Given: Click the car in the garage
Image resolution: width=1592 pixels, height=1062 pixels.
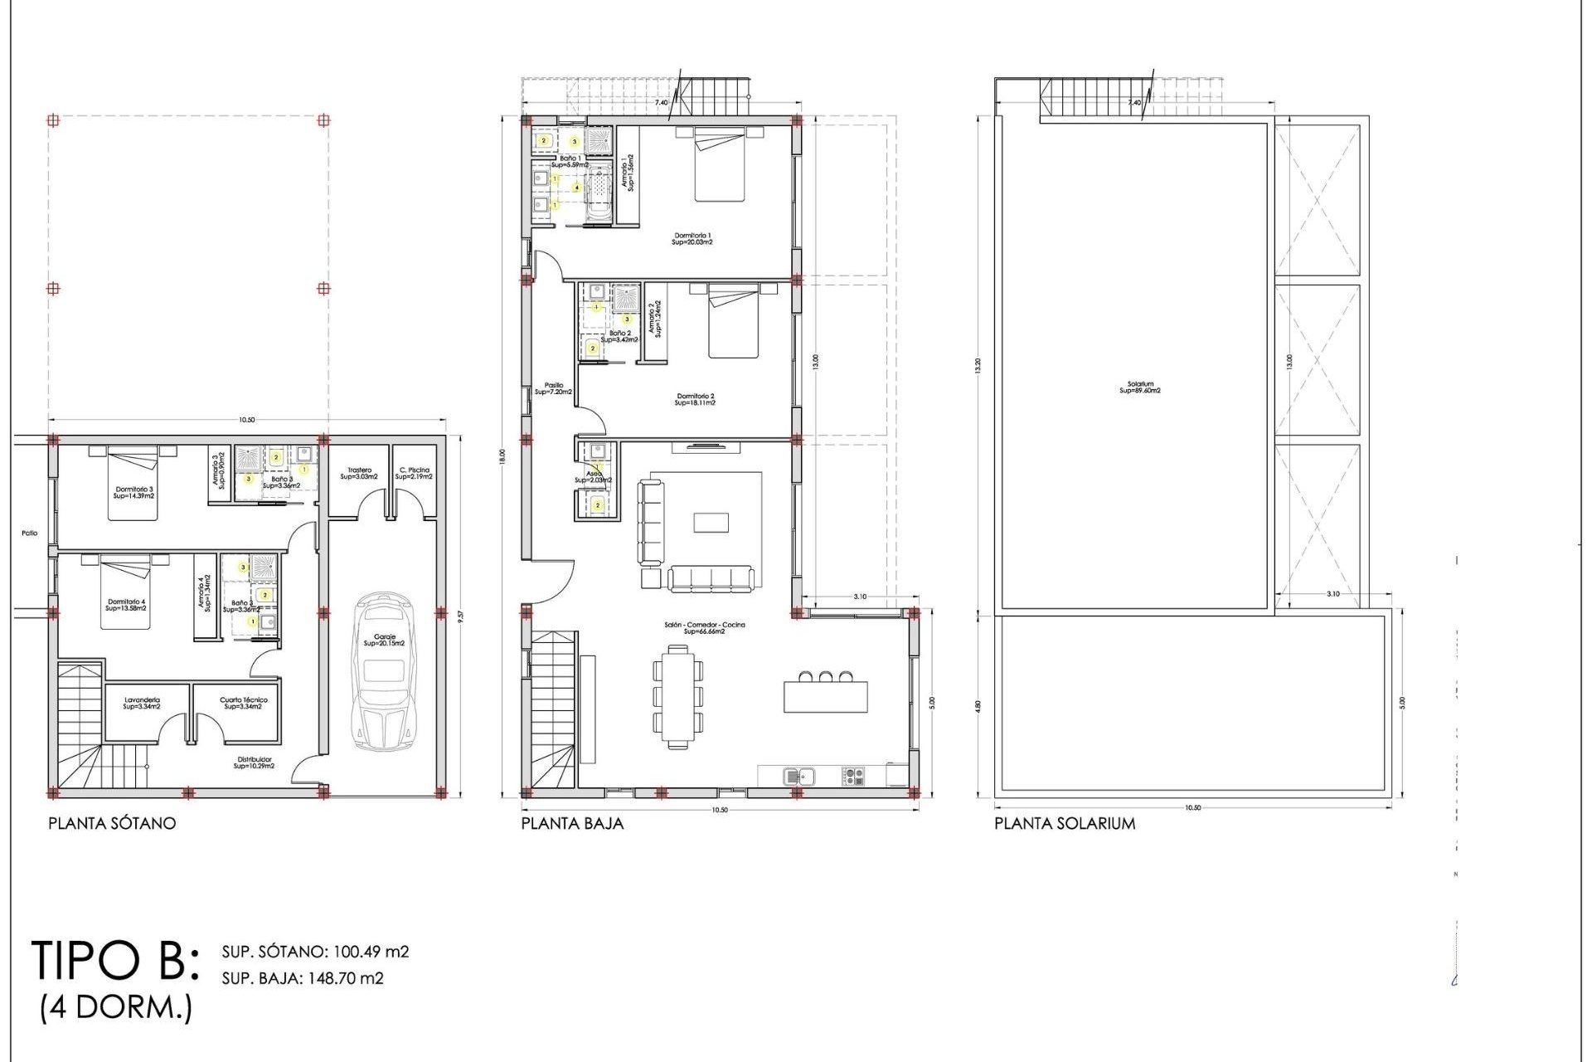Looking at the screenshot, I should (x=384, y=672).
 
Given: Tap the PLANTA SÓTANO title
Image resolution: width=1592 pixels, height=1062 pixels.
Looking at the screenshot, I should (x=112, y=824).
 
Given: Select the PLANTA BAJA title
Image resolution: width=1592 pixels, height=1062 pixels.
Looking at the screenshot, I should (x=572, y=824).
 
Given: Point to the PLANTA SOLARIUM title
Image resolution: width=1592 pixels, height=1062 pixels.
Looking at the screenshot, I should (x=1065, y=824).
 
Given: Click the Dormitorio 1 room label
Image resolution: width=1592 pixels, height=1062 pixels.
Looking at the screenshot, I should (x=692, y=239).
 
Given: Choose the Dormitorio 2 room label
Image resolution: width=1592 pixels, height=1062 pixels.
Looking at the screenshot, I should (x=695, y=399).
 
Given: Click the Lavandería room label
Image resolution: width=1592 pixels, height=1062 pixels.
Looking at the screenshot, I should (x=142, y=703).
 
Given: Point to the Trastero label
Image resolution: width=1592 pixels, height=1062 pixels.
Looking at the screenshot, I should (x=359, y=473).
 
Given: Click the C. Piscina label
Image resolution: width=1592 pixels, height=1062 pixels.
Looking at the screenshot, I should (x=414, y=473).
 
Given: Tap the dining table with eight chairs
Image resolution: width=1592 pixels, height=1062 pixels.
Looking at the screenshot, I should (x=678, y=697).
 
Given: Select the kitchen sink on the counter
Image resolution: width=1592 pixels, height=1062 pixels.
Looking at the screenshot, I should (x=799, y=777).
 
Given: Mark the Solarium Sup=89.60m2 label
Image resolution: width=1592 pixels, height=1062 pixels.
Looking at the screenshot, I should (x=1140, y=387).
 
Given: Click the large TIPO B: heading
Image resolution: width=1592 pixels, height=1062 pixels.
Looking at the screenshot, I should (x=116, y=961).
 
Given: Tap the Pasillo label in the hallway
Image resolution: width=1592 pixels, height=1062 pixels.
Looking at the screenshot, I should (x=553, y=388).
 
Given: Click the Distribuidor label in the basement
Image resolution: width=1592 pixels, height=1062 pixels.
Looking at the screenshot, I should (x=254, y=762).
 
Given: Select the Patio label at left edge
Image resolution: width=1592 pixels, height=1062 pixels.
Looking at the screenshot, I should (x=30, y=533).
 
